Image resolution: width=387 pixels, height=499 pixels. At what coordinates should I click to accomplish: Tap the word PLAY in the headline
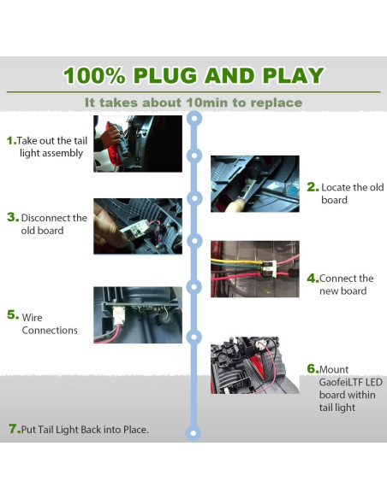click(x=294, y=76)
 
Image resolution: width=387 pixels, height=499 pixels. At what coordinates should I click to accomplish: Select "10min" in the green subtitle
click(x=207, y=103)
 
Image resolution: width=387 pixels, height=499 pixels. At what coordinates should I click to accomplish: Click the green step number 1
click(x=11, y=140)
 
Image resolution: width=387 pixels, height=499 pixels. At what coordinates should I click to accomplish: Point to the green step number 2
click(x=313, y=187)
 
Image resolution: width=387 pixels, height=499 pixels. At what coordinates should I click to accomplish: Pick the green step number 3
click(x=13, y=217)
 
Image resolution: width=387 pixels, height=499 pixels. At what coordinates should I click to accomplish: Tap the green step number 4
click(x=313, y=279)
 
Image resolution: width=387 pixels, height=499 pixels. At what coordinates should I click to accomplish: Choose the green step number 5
click(x=13, y=314)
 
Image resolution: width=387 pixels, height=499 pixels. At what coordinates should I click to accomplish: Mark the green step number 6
click(x=313, y=369)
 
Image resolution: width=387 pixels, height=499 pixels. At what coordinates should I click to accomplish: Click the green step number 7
click(x=15, y=429)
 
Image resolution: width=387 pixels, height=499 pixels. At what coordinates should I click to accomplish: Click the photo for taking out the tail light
click(x=138, y=144)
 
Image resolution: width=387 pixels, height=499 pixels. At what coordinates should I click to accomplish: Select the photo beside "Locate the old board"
click(x=254, y=184)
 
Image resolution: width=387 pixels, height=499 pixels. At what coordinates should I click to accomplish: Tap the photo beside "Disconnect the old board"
click(x=138, y=226)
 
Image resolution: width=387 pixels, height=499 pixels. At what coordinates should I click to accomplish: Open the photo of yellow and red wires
click(x=254, y=269)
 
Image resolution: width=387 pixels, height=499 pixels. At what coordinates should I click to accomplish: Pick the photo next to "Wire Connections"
click(x=138, y=315)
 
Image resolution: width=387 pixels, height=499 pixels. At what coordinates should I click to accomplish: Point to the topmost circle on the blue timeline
click(x=193, y=119)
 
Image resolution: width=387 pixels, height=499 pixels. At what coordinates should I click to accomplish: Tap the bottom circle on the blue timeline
click(x=193, y=433)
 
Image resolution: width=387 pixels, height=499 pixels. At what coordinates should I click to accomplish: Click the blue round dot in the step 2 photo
click(x=293, y=191)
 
